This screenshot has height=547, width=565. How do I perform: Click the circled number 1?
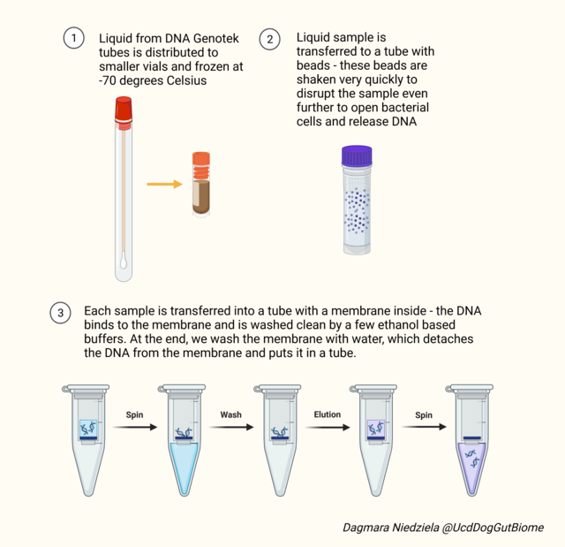click(x=74, y=38)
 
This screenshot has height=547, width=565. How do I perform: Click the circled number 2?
click(x=270, y=38)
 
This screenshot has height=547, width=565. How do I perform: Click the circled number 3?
click(x=60, y=312)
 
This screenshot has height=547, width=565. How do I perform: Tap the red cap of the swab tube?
click(x=123, y=110)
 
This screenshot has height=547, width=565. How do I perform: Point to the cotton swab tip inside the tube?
click(x=123, y=261)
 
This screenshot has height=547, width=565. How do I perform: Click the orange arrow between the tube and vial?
click(x=163, y=184)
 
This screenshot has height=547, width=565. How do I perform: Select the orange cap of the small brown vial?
click(x=202, y=162)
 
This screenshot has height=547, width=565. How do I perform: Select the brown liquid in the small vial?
click(x=202, y=196)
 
